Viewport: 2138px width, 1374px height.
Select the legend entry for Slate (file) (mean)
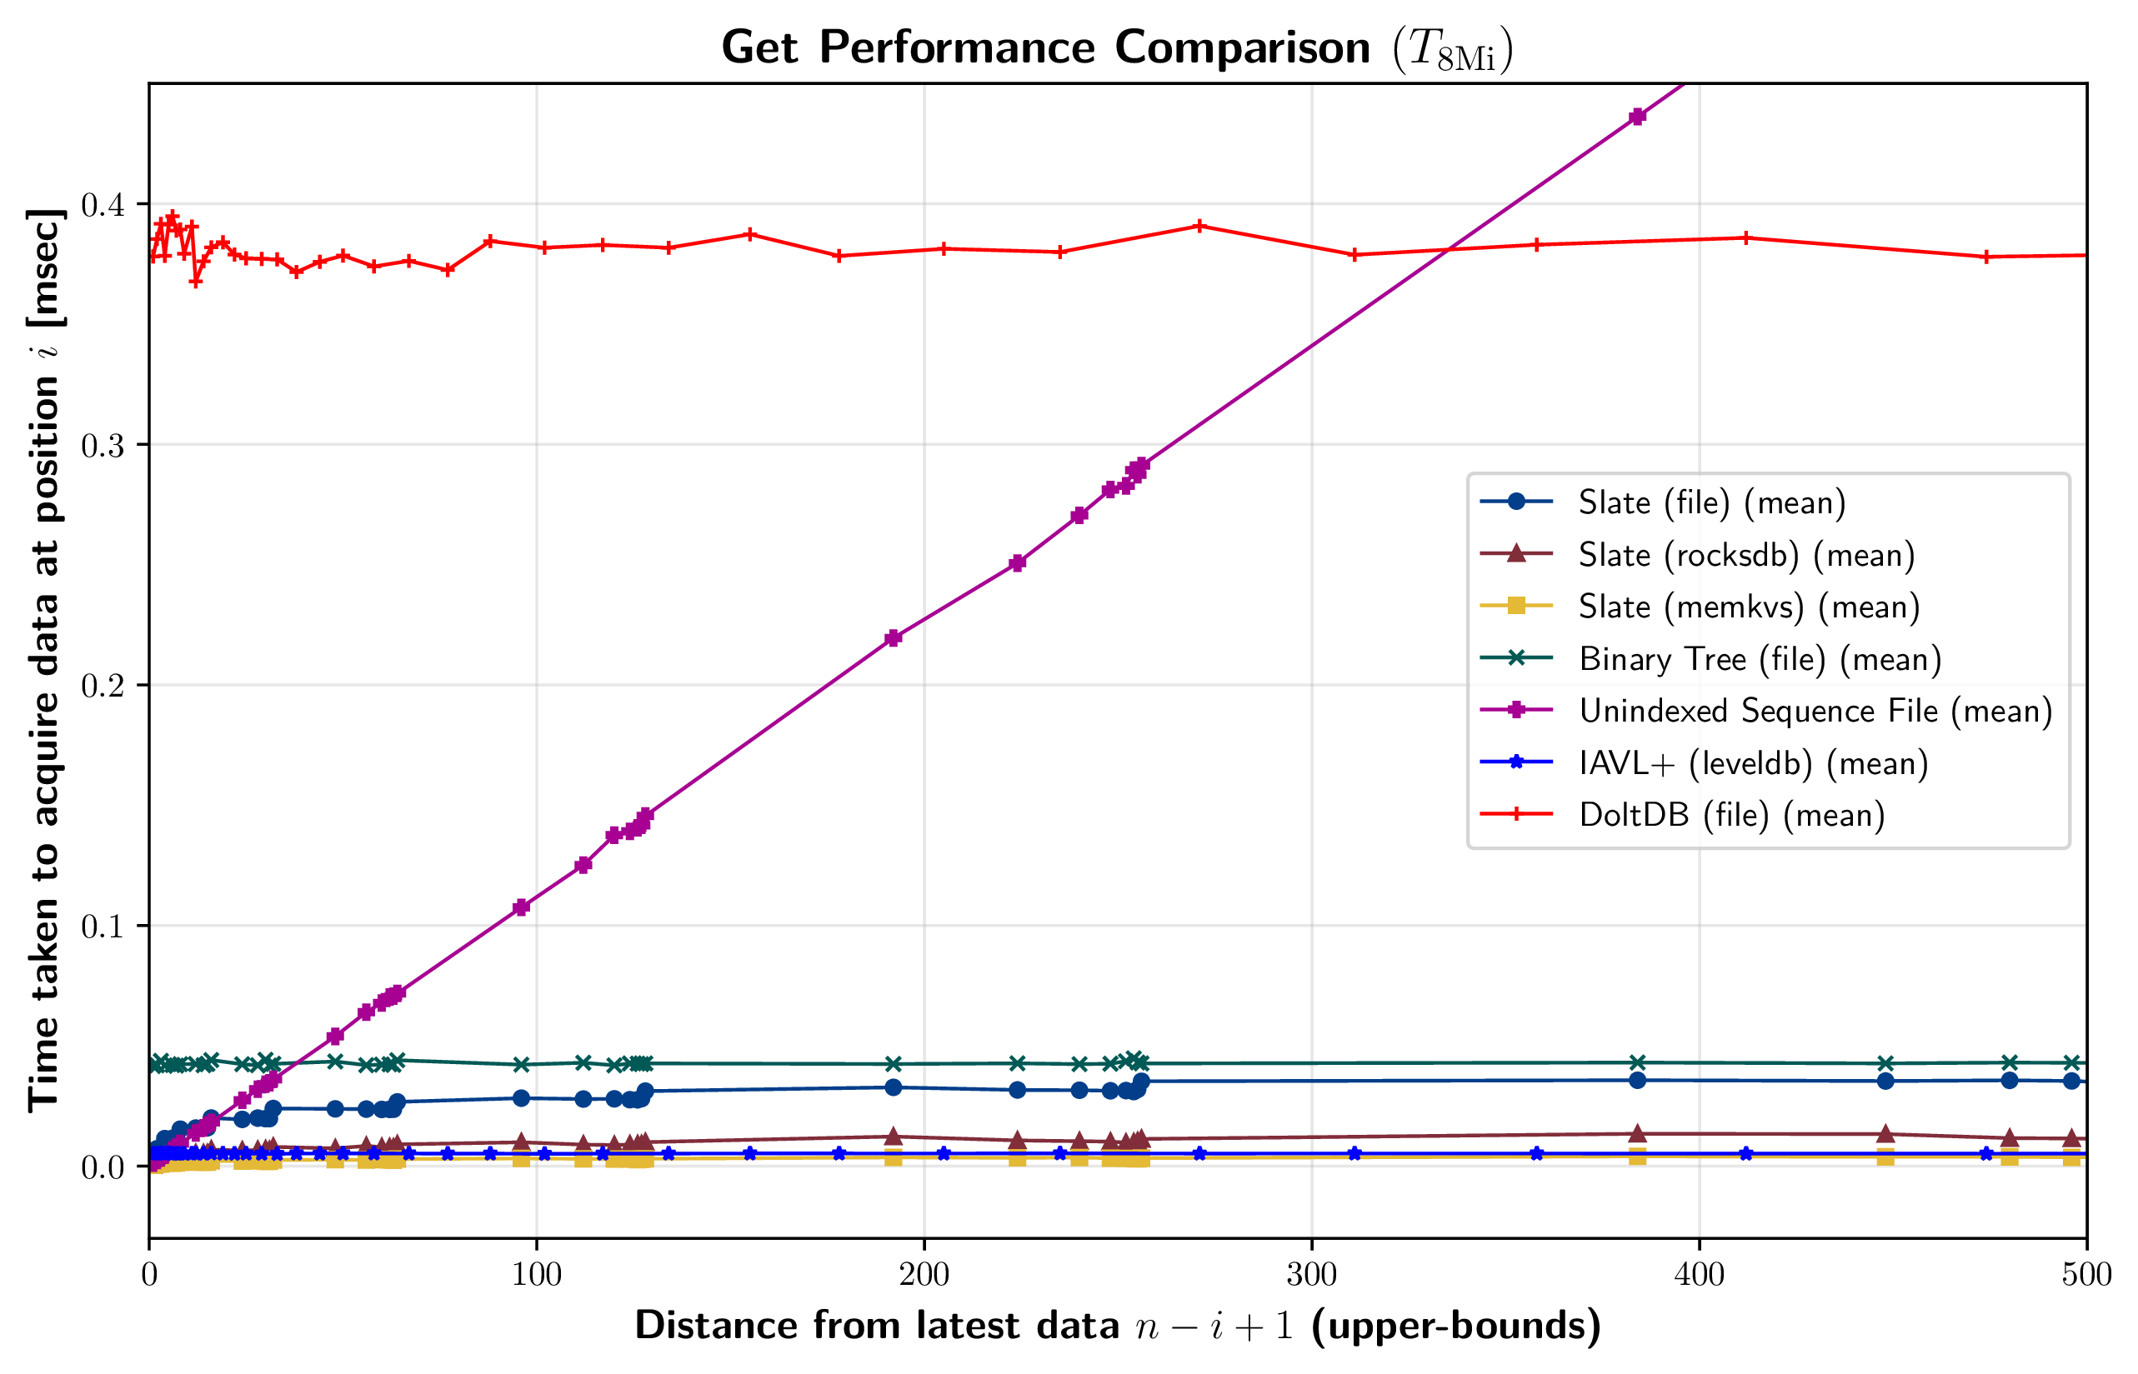point(1710,502)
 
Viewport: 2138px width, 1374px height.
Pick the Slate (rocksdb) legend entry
point(1745,555)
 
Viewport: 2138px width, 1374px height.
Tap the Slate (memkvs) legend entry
point(1748,607)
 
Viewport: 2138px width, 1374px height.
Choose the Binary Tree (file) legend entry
point(1759,659)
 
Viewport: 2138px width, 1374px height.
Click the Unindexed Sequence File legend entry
point(1814,711)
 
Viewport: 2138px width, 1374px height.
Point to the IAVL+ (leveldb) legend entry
point(1753,764)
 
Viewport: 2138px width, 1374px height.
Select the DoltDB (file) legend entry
point(1731,816)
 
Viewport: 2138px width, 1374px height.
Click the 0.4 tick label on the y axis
point(103,205)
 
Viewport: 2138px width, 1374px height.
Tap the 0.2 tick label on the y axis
point(103,686)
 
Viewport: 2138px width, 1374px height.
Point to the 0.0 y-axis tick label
point(103,1167)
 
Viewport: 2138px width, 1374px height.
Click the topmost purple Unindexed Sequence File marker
point(1637,117)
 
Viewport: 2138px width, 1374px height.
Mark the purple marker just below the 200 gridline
point(894,638)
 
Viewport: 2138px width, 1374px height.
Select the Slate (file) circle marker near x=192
point(894,1087)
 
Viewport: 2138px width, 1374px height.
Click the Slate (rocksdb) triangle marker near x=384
point(1637,1134)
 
